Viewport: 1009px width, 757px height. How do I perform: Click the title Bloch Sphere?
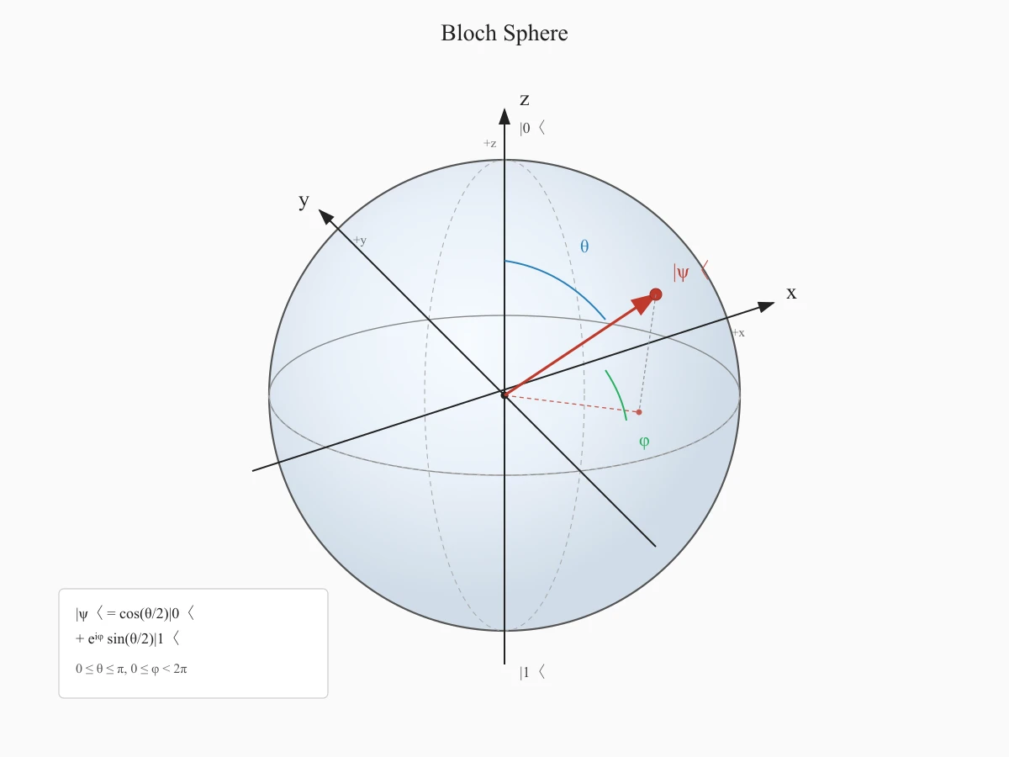(x=504, y=33)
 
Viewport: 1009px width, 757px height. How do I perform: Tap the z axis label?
(x=525, y=99)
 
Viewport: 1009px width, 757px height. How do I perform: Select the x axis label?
(x=791, y=293)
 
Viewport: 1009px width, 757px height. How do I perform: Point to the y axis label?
(x=304, y=201)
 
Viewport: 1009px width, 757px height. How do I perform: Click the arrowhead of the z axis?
(x=504, y=117)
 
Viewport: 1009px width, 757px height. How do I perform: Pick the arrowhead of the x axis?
(x=766, y=306)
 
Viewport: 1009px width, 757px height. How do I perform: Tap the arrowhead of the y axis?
(x=326, y=217)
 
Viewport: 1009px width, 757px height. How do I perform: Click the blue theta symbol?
(x=584, y=246)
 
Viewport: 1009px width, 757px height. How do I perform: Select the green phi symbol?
(x=644, y=442)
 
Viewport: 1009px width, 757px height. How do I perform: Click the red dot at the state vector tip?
(x=656, y=294)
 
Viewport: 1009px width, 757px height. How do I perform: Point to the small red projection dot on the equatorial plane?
(x=639, y=412)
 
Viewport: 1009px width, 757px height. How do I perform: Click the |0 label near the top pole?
(x=532, y=128)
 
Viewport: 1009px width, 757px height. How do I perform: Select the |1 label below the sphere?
(x=532, y=672)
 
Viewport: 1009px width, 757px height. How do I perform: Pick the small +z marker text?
(x=489, y=143)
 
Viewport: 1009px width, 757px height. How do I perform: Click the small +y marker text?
(x=360, y=241)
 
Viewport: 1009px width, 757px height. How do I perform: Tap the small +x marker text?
(x=738, y=333)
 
